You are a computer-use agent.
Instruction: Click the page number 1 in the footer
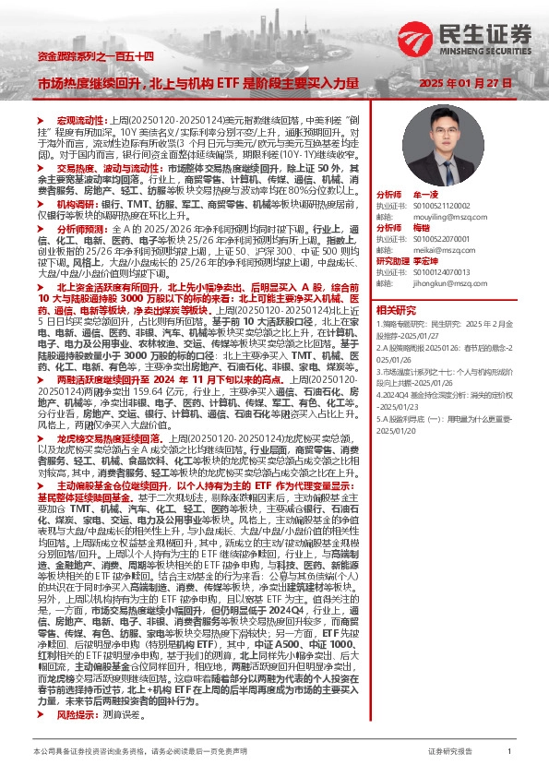coord(510,752)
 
